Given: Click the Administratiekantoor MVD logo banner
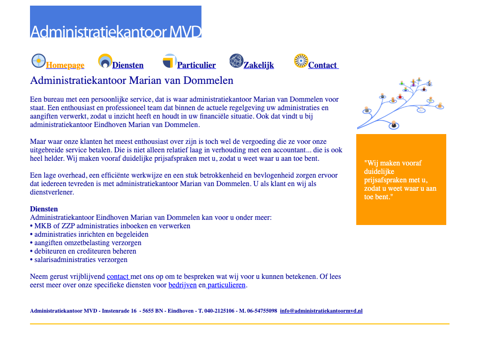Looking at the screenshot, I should [x=116, y=22].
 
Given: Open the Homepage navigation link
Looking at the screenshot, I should [x=65, y=66].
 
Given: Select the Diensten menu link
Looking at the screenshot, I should [x=128, y=66].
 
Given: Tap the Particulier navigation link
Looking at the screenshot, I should [x=196, y=66].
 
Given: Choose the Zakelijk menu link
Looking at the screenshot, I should [x=259, y=66].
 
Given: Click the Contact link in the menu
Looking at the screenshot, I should [x=323, y=66].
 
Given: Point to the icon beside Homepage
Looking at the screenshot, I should [x=38, y=61].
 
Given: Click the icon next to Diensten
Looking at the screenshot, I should [x=105, y=61].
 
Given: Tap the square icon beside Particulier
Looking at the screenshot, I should [x=169, y=61].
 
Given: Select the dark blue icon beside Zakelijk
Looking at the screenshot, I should [x=236, y=61].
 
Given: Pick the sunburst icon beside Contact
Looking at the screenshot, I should [x=301, y=61].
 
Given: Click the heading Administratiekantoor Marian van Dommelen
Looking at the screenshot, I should [x=132, y=81].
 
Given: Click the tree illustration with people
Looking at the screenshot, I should [x=401, y=104].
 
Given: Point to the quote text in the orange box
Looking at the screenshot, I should [x=400, y=180].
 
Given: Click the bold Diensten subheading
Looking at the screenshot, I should [x=44, y=209].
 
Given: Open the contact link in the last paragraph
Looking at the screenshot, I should [x=118, y=277].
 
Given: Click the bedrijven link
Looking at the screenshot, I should [x=182, y=285].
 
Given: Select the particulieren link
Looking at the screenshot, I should [x=226, y=285].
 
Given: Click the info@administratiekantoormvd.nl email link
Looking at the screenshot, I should [x=321, y=311].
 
